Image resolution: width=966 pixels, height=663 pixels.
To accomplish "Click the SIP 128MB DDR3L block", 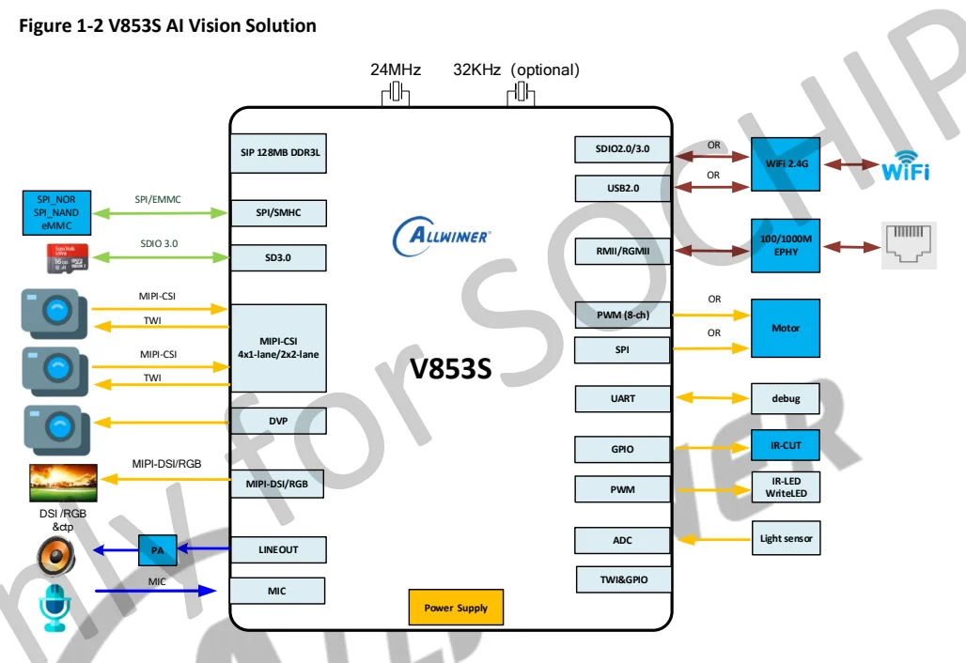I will tap(278, 153).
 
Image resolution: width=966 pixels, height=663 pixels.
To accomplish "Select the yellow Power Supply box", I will tap(456, 608).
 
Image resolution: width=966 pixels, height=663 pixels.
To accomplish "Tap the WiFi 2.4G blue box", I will tap(786, 164).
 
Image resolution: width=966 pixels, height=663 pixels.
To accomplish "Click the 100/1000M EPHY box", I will tap(786, 245).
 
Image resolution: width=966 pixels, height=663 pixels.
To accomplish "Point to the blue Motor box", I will tap(786, 328).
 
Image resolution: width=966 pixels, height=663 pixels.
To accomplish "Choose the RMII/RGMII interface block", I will tap(622, 251).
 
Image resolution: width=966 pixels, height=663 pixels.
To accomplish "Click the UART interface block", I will tap(622, 398).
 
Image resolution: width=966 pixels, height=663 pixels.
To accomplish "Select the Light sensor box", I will tap(786, 538).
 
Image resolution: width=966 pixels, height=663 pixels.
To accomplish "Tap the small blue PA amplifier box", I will tap(157, 549).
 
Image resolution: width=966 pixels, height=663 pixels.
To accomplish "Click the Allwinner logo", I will tap(442, 235).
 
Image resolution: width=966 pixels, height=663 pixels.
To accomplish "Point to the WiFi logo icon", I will tap(906, 165).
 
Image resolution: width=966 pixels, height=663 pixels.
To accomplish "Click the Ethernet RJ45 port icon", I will tap(909, 245).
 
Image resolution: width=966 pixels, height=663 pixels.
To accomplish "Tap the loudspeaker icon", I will tap(55, 554).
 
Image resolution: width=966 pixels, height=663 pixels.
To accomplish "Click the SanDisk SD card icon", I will tap(67, 258).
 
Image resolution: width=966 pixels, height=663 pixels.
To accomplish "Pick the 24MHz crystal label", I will tap(395, 70).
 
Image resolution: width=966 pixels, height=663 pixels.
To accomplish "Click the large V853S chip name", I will tap(451, 369).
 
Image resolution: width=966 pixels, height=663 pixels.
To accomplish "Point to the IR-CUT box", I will tap(786, 445).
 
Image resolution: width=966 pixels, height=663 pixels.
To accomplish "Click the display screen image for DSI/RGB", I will tap(64, 483).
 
